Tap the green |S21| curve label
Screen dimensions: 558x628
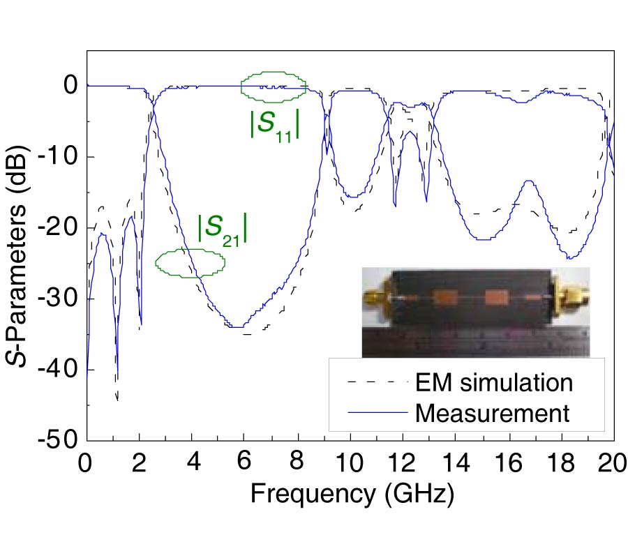point(223,229)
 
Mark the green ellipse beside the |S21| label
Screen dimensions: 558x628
point(190,263)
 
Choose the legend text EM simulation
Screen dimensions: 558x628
point(493,382)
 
